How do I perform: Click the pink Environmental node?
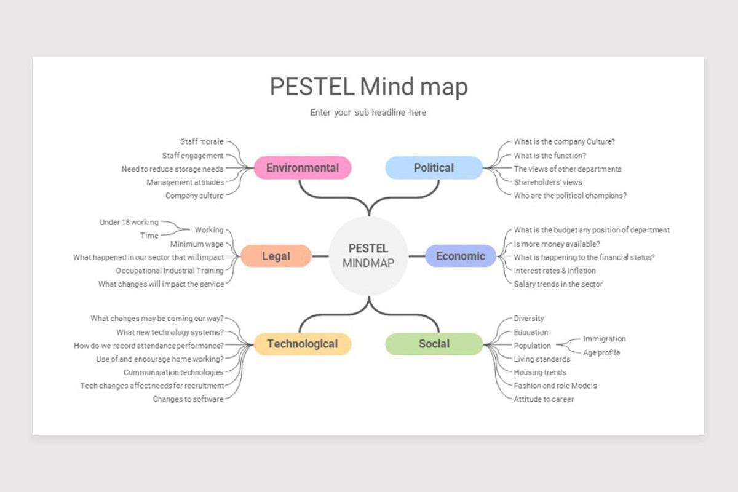(302, 168)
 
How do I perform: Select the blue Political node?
(434, 168)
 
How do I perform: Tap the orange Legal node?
(276, 256)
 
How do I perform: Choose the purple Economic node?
(461, 256)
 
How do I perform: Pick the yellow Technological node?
(302, 344)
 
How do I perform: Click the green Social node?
(434, 344)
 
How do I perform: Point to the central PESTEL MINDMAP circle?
(368, 256)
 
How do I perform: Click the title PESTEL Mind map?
(368, 87)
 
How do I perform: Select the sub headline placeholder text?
(368, 113)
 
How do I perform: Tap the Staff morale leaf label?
(202, 142)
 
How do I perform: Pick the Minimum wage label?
(197, 244)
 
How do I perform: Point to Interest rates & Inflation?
(555, 271)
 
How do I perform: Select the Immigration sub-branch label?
(604, 339)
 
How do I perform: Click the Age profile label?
(601, 353)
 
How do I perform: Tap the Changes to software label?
(188, 399)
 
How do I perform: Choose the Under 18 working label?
(129, 222)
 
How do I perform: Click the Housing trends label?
(540, 372)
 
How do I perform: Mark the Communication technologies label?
(173, 372)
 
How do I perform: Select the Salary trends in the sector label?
(558, 284)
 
